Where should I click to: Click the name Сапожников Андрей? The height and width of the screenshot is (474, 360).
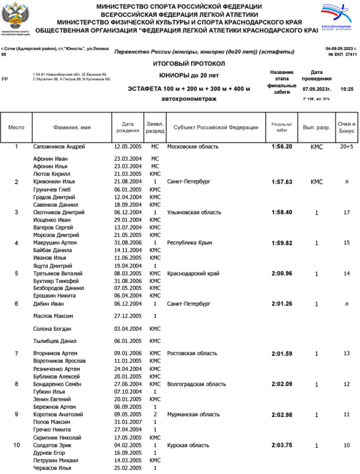click(x=59, y=146)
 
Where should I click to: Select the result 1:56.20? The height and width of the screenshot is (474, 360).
click(x=282, y=146)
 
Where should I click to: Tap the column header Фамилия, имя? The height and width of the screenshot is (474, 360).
click(x=72, y=127)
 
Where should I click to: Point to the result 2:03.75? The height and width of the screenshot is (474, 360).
click(x=282, y=445)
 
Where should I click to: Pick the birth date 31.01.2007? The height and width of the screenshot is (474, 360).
click(x=127, y=422)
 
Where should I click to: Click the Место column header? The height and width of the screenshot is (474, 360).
click(x=16, y=127)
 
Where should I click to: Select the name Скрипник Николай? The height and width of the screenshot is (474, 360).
click(x=57, y=438)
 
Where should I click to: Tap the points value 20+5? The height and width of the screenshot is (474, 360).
click(x=347, y=146)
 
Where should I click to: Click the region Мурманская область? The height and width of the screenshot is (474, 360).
click(x=193, y=414)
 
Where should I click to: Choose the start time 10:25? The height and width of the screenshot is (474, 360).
click(x=347, y=89)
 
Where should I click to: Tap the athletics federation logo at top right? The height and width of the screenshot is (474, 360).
click(x=338, y=17)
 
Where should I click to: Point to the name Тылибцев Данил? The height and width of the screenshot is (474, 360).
click(x=55, y=341)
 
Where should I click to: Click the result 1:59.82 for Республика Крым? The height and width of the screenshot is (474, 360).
click(x=282, y=243)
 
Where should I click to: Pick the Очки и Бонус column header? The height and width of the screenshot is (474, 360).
click(x=347, y=127)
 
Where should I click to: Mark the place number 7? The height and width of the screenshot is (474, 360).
click(x=16, y=354)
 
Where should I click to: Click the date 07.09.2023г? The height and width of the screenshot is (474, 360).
click(x=317, y=89)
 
